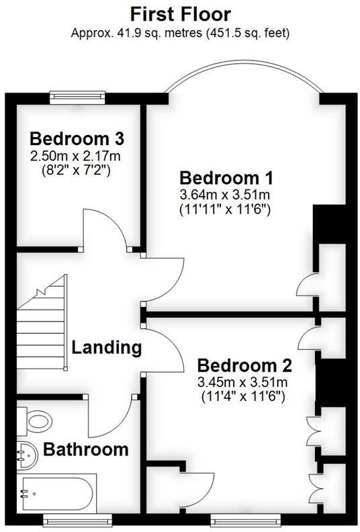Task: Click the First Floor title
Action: click(179, 13)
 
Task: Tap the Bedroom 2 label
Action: click(244, 366)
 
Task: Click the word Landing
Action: click(107, 348)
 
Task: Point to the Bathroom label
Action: click(85, 448)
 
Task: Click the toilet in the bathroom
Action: click(36, 420)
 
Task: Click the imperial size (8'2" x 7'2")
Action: click(77, 171)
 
